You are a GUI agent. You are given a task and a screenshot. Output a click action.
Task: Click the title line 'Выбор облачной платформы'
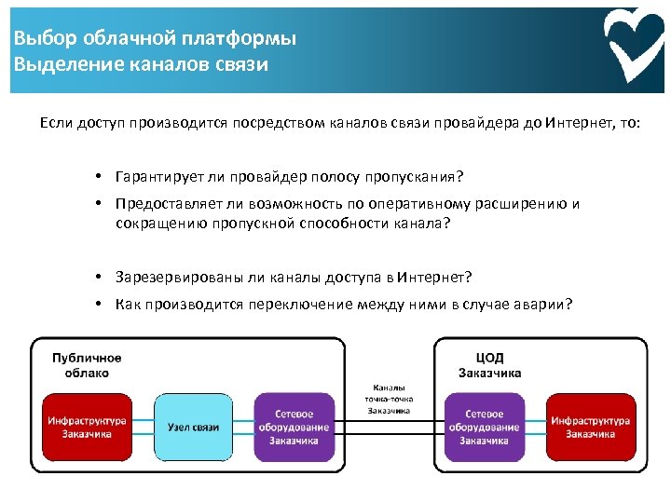click(155, 39)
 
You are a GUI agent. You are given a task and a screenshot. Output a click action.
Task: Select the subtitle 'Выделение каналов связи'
click(141, 64)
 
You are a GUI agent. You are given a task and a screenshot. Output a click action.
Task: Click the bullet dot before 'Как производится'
click(98, 304)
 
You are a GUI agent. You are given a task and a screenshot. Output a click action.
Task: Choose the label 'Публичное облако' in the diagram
click(87, 365)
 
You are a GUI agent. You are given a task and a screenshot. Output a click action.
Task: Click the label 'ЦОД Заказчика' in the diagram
click(489, 365)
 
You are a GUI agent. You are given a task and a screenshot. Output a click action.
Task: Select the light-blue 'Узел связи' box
click(193, 427)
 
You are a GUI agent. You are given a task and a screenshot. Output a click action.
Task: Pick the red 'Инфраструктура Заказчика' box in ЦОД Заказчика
click(590, 427)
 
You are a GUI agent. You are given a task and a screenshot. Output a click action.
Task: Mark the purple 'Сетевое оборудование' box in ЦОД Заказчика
click(484, 427)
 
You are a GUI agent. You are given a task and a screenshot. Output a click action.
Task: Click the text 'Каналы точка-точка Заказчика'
click(390, 398)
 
